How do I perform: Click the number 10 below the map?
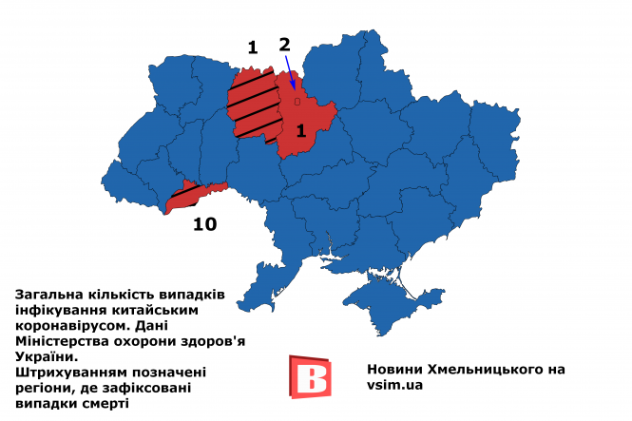click(x=205, y=224)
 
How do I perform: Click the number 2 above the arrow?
click(x=284, y=45)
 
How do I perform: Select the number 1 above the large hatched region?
click(x=252, y=46)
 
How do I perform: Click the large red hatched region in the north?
click(x=253, y=105)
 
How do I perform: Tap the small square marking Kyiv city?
click(x=297, y=100)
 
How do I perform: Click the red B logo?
click(x=309, y=375)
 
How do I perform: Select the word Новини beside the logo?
click(x=393, y=369)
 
